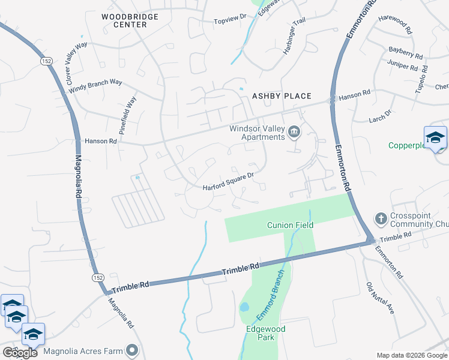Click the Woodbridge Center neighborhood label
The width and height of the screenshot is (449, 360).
[124, 20]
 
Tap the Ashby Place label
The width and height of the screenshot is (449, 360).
[282, 96]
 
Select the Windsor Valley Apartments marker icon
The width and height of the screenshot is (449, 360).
[294, 132]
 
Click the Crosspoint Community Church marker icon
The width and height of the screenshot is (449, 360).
[380, 217]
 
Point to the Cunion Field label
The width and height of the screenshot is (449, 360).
[290, 225]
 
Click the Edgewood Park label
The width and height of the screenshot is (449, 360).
[265, 333]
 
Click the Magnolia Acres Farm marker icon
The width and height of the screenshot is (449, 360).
[132, 350]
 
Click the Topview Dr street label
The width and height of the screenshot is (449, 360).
[231, 22]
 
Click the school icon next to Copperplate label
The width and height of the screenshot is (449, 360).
[435, 138]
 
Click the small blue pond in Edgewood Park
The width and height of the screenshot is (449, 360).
[244, 307]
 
